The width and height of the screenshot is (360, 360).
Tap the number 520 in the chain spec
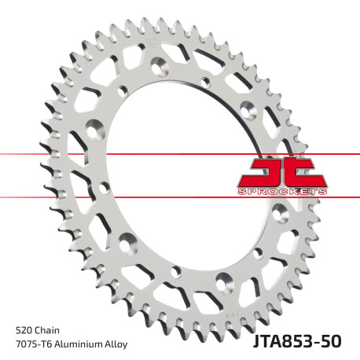point(24,329)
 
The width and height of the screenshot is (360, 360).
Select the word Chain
point(50,329)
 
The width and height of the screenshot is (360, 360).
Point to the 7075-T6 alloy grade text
point(35,344)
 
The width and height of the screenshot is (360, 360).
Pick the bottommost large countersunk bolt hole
point(225,279)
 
